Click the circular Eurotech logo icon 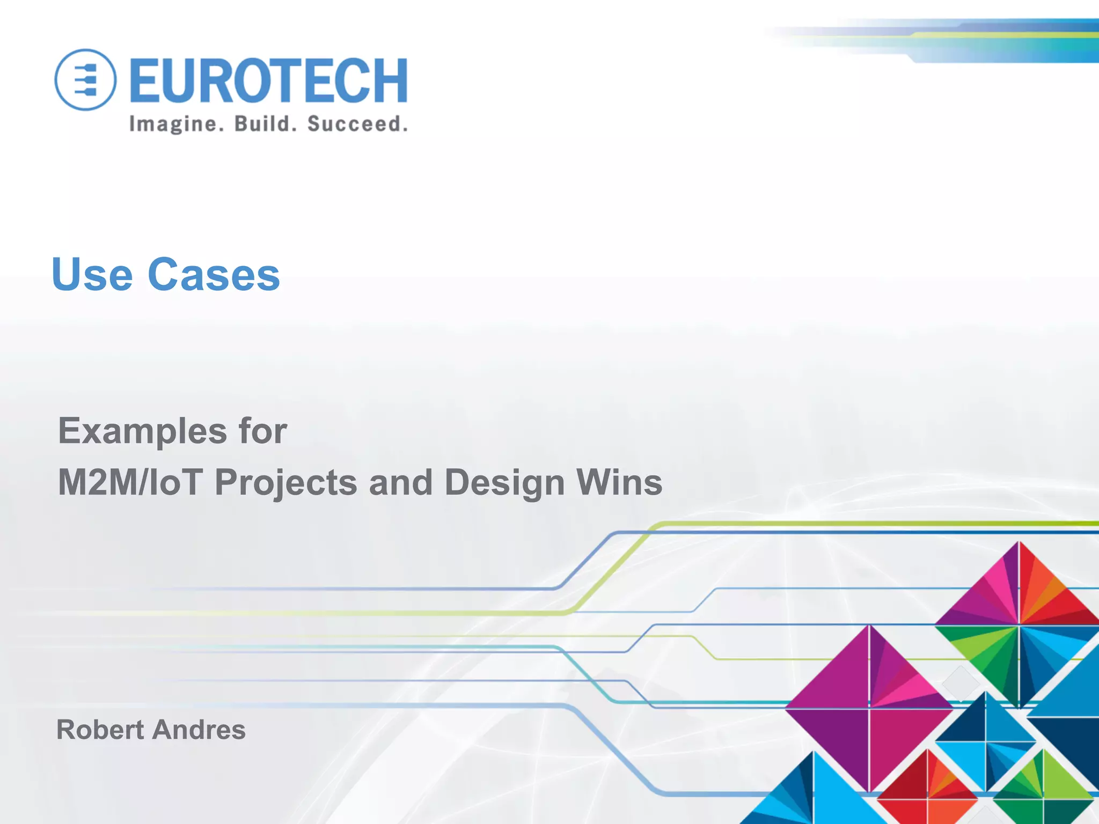tap(85, 80)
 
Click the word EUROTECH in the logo tap(268, 80)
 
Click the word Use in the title tap(92, 275)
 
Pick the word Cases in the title tap(214, 275)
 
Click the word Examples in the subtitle tap(142, 431)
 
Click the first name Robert tap(100, 730)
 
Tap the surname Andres tap(199, 730)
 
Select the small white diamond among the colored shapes tap(960, 683)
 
